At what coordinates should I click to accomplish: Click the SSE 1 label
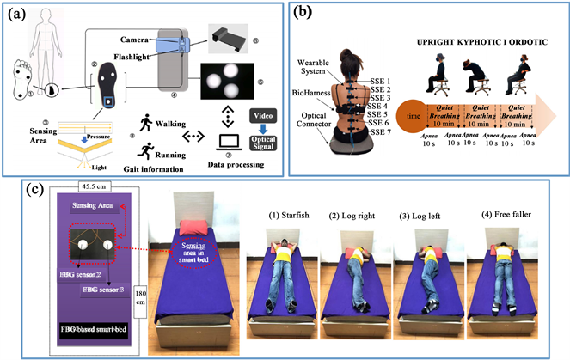pos(378,79)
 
